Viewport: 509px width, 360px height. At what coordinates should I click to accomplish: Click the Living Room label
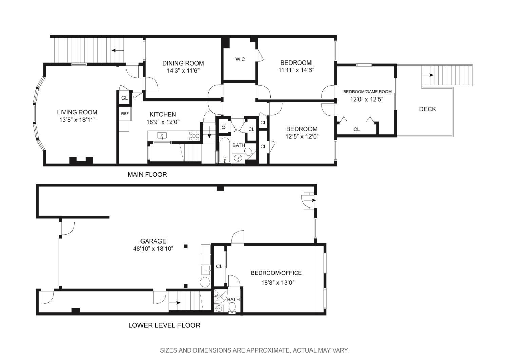coord(77,112)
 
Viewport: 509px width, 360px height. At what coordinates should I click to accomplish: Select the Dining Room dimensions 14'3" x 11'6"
coord(183,71)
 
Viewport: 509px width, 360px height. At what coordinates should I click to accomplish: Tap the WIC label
coord(240,59)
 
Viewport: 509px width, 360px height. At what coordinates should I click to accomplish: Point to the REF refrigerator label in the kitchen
coord(125,114)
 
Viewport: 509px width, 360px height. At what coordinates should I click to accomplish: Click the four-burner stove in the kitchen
coord(194,136)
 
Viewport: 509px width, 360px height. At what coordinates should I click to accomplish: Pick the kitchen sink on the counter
coord(162,136)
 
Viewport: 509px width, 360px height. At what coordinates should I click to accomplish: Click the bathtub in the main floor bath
coord(225,150)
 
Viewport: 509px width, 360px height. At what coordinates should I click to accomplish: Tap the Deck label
coord(428,109)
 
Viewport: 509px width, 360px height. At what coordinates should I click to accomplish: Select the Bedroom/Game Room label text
coord(367,92)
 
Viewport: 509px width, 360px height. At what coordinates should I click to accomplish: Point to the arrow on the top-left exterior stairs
coord(118,50)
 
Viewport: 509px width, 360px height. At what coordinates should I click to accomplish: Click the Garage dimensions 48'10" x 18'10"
coord(153,249)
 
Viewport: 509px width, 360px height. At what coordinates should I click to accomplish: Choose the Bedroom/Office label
coord(276,273)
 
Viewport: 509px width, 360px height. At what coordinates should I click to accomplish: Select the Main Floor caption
coord(147,175)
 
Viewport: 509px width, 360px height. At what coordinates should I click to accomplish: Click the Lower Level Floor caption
coord(164,325)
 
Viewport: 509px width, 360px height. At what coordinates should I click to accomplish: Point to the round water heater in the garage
coord(205,282)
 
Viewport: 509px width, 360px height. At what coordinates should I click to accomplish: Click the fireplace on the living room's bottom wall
coord(81,160)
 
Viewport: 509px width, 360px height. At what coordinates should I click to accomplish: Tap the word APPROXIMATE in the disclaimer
coord(268,350)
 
